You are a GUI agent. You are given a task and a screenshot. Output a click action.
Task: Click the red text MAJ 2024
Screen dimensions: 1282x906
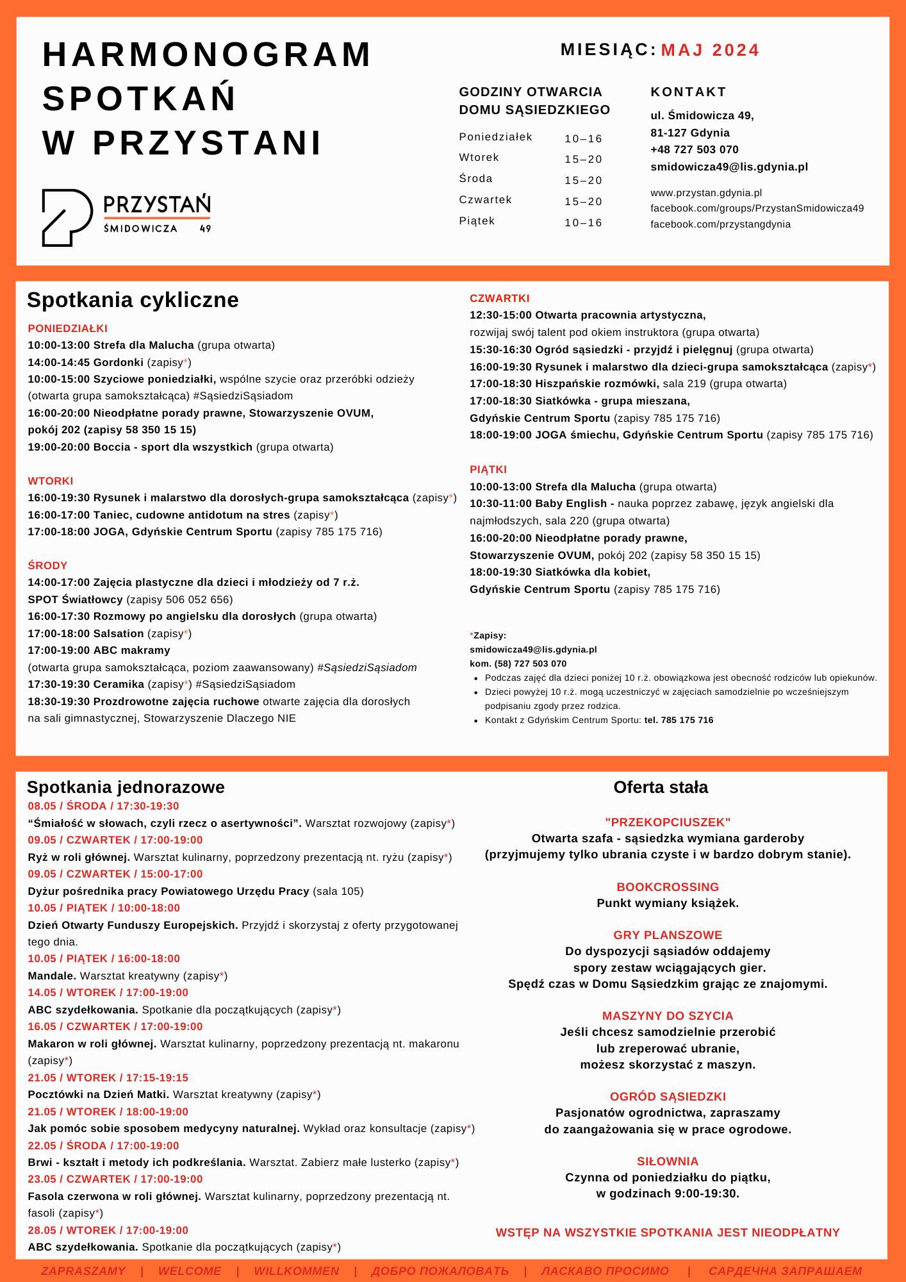click(709, 50)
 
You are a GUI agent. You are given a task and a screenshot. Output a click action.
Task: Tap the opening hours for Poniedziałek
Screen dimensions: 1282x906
click(583, 138)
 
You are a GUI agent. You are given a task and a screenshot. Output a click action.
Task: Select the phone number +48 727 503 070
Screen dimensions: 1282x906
click(694, 149)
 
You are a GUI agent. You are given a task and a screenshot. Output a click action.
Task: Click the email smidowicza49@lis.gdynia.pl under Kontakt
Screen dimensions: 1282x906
click(729, 167)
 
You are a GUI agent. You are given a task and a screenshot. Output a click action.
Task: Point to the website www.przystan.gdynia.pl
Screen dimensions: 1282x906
click(705, 192)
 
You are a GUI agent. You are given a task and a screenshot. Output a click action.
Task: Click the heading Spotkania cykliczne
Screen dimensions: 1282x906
click(133, 299)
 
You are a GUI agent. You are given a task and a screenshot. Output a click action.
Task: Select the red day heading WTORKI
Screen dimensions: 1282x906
click(51, 481)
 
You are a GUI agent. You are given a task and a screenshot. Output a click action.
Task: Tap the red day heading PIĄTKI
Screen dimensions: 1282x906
click(488, 469)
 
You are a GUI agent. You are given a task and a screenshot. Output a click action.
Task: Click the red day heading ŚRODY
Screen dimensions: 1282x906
click(47, 565)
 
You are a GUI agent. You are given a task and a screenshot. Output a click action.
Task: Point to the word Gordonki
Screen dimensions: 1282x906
click(119, 362)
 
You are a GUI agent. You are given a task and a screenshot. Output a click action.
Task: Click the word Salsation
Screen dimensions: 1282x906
click(119, 633)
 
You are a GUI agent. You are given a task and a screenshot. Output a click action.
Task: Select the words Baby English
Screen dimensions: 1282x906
click(571, 503)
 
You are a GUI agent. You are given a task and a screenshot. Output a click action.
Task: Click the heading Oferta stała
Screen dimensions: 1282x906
click(661, 787)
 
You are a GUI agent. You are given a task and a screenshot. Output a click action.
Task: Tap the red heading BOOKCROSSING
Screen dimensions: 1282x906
click(667, 887)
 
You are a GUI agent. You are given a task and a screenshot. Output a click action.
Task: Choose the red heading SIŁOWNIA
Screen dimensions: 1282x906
click(667, 1161)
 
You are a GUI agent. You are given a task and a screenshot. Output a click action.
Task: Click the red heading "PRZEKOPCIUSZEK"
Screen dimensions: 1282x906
click(667, 822)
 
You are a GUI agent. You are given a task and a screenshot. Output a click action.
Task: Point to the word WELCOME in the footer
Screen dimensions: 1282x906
click(190, 1270)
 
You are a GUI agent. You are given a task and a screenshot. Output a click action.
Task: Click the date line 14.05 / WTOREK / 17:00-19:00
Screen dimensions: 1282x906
click(108, 992)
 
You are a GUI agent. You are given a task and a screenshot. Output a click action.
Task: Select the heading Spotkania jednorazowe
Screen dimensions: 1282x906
click(126, 787)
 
